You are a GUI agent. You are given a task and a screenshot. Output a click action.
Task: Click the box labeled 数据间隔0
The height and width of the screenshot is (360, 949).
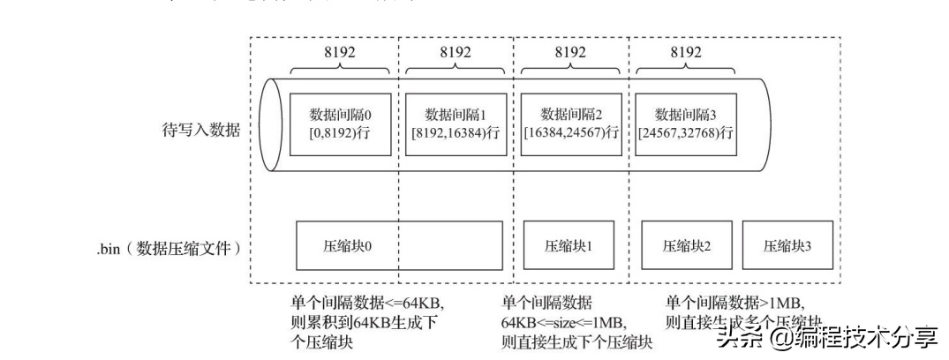[x=340, y=124]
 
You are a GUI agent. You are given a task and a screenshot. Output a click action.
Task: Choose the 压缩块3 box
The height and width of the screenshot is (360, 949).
[x=787, y=244]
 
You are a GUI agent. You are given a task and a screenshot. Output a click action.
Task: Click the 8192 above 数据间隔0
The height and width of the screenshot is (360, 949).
[x=340, y=52]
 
